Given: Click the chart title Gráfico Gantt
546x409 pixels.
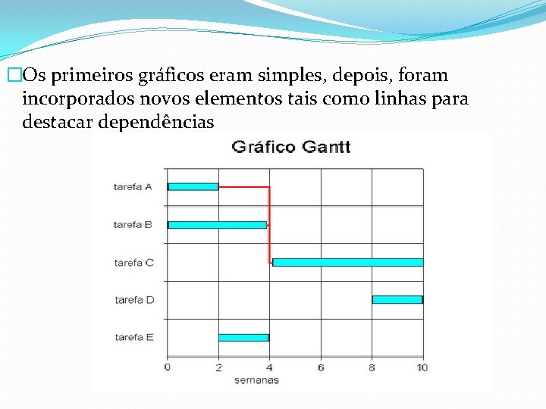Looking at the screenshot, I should coord(290,146).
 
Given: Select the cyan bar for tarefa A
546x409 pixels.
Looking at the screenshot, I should coord(193,186).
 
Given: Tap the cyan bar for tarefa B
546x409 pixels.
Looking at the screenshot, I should coord(217,224).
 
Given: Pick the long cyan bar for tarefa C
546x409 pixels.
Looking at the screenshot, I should coord(347,262).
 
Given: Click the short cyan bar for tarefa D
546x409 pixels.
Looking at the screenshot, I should coord(397,299).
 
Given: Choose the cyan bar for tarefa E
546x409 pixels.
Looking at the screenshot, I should coord(243,337).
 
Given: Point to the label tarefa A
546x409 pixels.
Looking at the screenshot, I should coord(133,186).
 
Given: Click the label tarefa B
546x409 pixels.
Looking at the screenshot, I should coord(133,224).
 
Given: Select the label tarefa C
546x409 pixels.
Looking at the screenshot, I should coord(133,262).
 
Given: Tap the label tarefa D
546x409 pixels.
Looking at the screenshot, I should coord(134,300).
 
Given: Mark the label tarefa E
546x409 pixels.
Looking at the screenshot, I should coord(134,337).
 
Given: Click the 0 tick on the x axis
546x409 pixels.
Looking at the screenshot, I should coord(168,367).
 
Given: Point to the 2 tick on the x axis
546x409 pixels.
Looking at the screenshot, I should coord(218,367).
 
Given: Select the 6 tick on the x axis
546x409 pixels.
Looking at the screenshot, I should coord(321,367).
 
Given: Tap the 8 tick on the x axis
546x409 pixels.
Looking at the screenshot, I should coord(372,367).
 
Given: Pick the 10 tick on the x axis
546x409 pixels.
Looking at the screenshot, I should coord(422,367).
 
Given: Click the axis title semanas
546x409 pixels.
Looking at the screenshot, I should coord(256,379).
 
